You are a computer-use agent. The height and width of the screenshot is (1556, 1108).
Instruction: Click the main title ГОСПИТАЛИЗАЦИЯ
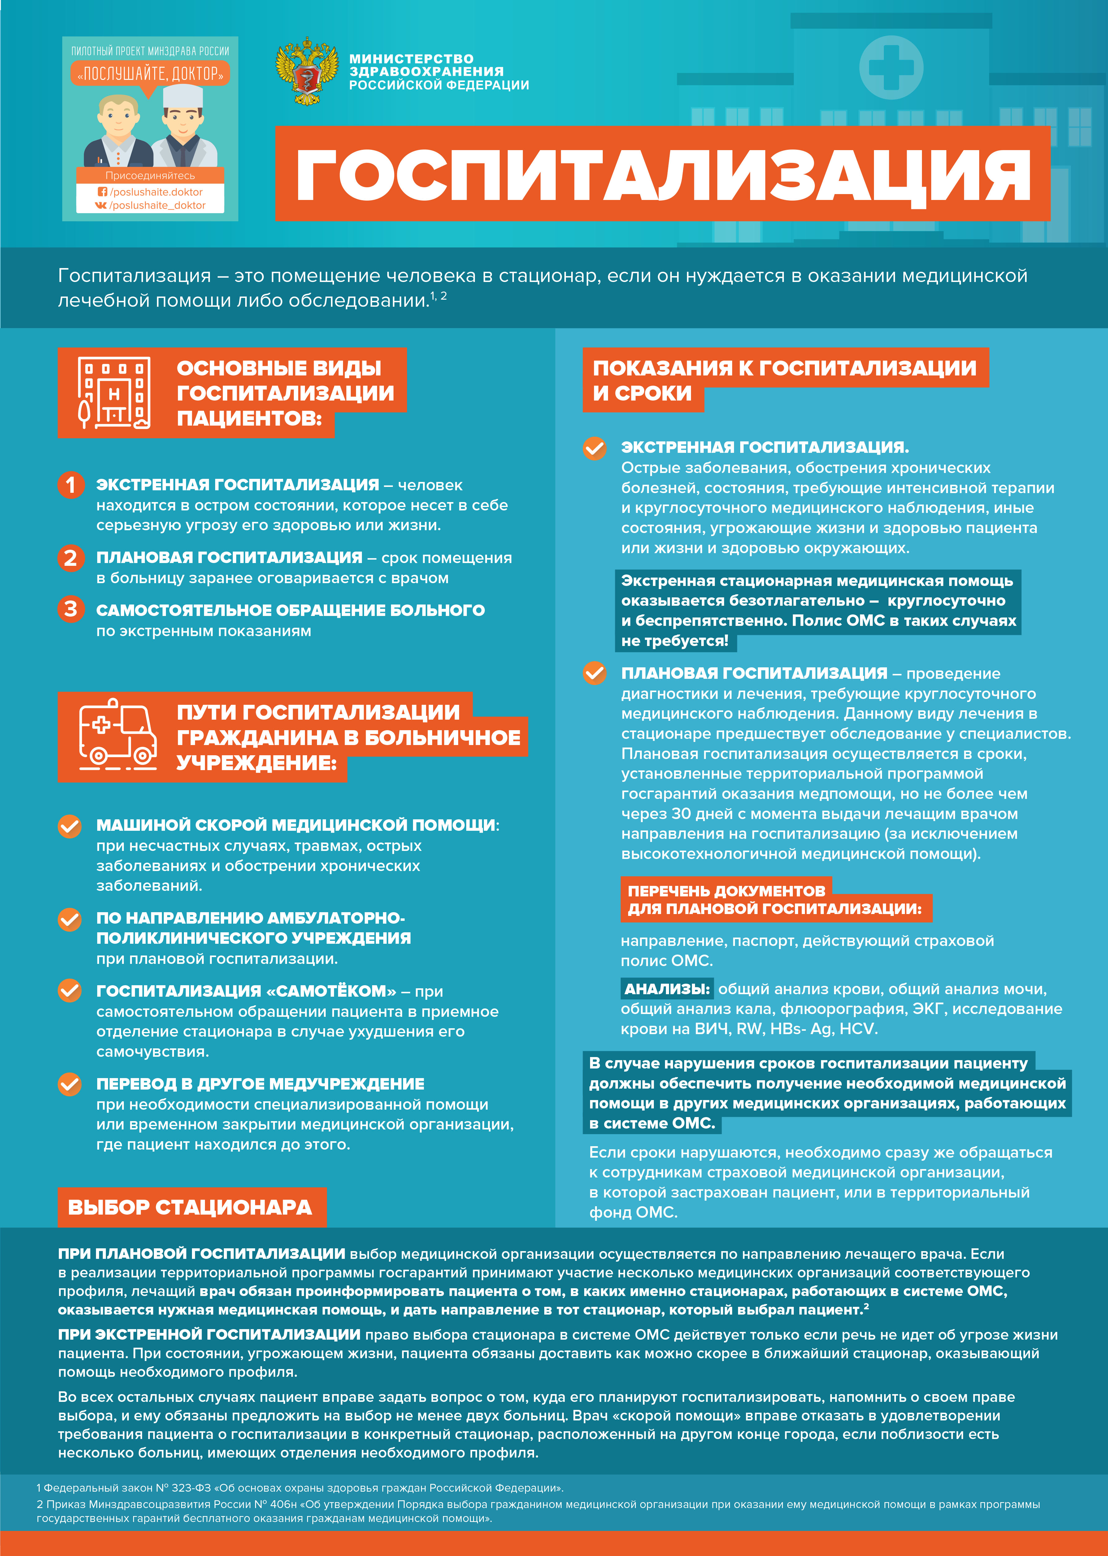click(662, 175)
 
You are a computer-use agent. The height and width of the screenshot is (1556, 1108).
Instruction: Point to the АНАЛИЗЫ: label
click(667, 988)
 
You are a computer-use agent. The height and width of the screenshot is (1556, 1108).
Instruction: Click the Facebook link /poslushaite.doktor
click(155, 192)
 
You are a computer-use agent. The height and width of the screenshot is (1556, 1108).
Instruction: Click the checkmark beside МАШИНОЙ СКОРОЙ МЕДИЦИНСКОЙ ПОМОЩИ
click(70, 826)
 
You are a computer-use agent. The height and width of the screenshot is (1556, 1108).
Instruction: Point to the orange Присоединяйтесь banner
click(150, 175)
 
